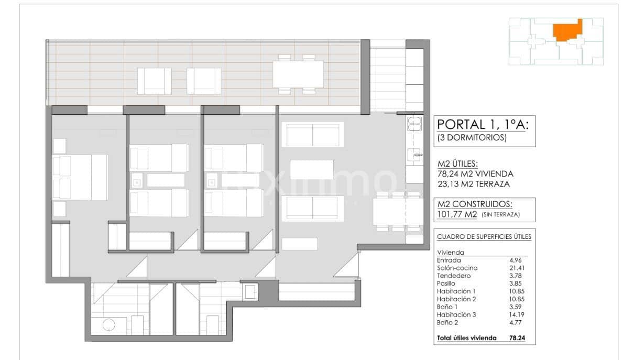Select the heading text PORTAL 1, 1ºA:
tap(482, 124)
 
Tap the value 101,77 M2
tap(456, 214)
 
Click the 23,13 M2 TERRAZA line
tap(473, 184)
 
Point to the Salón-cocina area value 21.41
tap(516, 268)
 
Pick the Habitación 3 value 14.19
tap(516, 314)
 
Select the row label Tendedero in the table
tap(454, 276)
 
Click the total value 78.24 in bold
tap(517, 338)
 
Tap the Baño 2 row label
tap(448, 322)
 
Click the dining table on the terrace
tap(298, 74)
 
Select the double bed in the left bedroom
tap(81, 177)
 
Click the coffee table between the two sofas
tap(312, 169)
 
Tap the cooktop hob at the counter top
tap(414, 124)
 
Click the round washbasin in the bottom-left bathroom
tap(109, 325)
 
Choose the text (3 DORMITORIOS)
tap(472, 138)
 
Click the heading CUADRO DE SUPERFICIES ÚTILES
tap(484, 237)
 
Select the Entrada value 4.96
tap(516, 260)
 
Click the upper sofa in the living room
tap(312, 134)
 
